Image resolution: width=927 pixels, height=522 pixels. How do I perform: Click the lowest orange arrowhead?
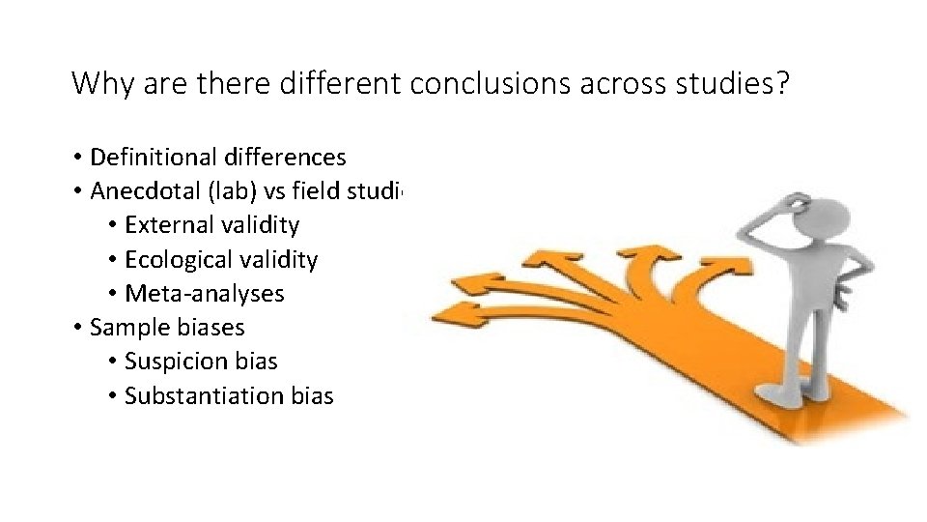click(453, 314)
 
